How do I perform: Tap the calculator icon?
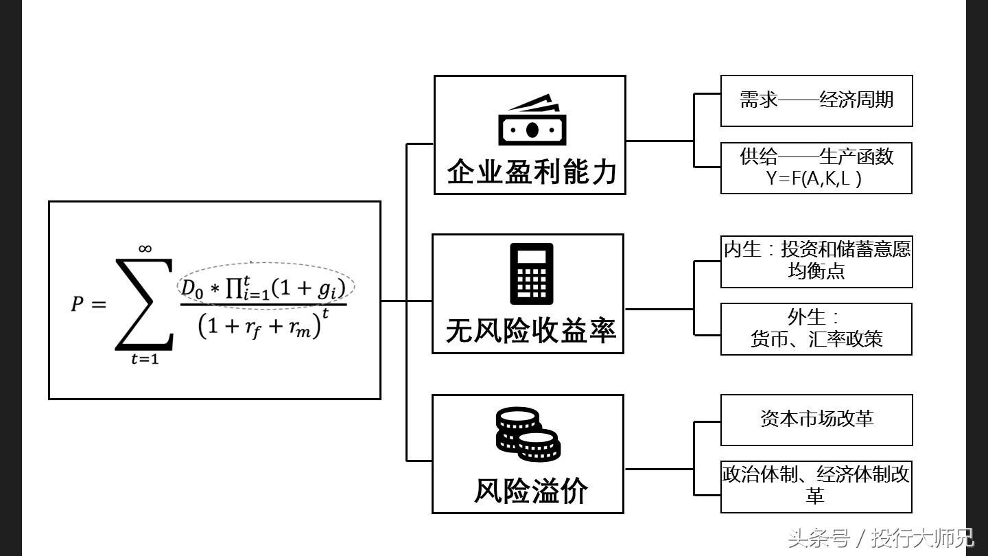[532, 274]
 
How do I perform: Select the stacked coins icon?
[528, 434]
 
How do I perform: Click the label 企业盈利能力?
[532, 172]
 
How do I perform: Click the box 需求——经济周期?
[816, 101]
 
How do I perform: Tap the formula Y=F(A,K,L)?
[814, 178]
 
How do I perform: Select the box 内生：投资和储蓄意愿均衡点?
[816, 261]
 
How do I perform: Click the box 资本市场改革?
[816, 419]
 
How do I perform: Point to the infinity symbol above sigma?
[145, 248]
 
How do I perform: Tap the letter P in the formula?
[78, 303]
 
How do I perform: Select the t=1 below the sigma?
[145, 359]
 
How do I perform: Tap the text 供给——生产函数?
[816, 157]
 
